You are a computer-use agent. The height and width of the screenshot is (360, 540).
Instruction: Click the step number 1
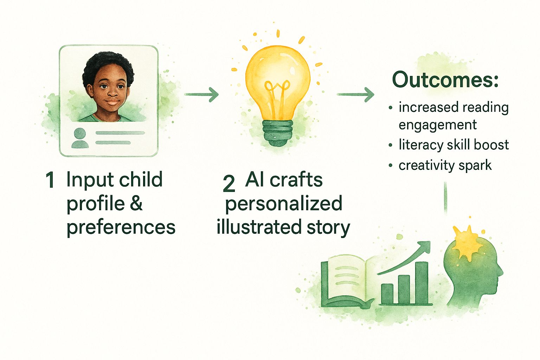50,180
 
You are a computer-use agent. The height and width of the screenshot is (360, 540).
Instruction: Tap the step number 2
229,184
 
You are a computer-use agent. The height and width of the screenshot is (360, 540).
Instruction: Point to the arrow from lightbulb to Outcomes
355,94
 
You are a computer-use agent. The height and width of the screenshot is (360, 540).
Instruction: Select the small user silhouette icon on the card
79,138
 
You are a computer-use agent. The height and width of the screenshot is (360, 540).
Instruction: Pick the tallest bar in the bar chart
421,283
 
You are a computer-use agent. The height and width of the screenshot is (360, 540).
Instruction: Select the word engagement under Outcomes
437,125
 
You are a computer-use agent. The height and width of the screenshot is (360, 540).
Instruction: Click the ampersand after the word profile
136,204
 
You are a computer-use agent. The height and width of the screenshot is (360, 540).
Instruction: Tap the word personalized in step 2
283,204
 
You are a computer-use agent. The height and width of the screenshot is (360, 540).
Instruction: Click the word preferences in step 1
121,227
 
